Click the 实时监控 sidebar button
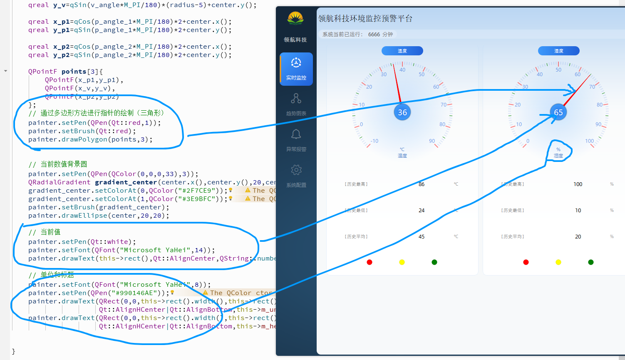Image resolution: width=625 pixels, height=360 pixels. click(x=296, y=69)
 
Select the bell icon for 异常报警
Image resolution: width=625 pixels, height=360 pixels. click(x=296, y=134)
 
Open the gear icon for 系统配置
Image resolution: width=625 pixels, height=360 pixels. click(x=296, y=170)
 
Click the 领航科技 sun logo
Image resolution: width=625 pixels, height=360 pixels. click(x=295, y=19)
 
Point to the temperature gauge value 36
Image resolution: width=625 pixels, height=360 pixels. click(x=402, y=112)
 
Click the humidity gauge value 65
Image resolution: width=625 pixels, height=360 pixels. click(x=558, y=112)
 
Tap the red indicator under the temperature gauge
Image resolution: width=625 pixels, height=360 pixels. click(x=370, y=262)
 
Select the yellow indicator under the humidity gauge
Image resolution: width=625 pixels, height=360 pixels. click(x=558, y=262)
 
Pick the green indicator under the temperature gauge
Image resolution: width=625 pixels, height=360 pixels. click(x=434, y=262)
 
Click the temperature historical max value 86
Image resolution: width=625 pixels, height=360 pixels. click(x=422, y=184)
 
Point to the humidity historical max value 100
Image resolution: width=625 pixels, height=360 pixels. click(x=578, y=184)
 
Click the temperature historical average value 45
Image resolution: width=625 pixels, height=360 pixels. click(x=422, y=237)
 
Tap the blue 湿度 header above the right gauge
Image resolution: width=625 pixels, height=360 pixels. click(x=558, y=51)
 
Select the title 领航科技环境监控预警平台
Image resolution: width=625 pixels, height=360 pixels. click(x=365, y=19)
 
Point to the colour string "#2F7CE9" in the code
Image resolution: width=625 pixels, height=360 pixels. click(x=195, y=191)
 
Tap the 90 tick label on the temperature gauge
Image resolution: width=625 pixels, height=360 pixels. click(x=432, y=141)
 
